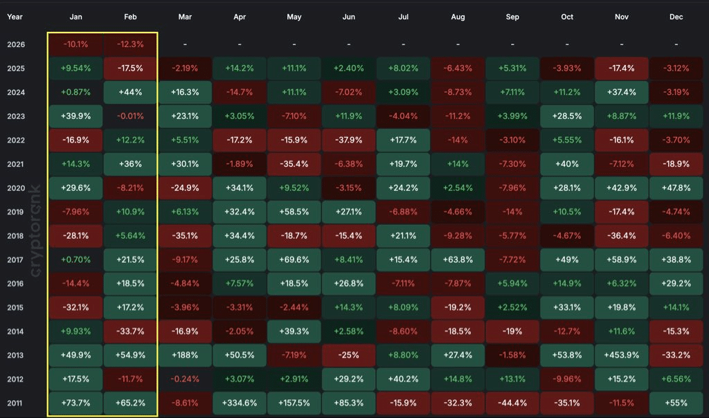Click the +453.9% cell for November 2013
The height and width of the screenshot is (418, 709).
pyautogui.click(x=622, y=355)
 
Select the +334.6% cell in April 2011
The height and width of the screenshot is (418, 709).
pyautogui.click(x=240, y=403)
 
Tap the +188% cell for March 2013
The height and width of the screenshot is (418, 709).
pyautogui.click(x=185, y=355)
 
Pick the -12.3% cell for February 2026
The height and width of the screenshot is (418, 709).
pyautogui.click(x=130, y=45)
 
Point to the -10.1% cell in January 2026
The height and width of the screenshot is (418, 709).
pyautogui.click(x=75, y=45)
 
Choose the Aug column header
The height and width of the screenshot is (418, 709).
pyautogui.click(x=458, y=17)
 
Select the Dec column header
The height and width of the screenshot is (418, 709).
pyautogui.click(x=676, y=17)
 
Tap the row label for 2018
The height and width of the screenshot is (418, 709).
pyautogui.click(x=16, y=235)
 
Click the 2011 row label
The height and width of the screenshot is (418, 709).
pyautogui.click(x=16, y=403)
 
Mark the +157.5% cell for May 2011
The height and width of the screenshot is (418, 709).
pyautogui.click(x=294, y=403)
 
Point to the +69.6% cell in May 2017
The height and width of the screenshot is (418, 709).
pyautogui.click(x=294, y=260)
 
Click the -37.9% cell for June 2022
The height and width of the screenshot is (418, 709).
pyautogui.click(x=349, y=140)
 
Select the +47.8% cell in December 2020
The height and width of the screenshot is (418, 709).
pyautogui.click(x=676, y=188)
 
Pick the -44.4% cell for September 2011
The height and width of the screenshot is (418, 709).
pyautogui.click(x=512, y=403)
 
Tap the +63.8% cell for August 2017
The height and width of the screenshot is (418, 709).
pyautogui.click(x=458, y=260)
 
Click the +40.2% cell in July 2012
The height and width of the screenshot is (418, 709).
pyautogui.click(x=403, y=379)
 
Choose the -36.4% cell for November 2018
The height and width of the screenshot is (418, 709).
pyautogui.click(x=622, y=235)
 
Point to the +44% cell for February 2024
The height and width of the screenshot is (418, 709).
pyautogui.click(x=130, y=93)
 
